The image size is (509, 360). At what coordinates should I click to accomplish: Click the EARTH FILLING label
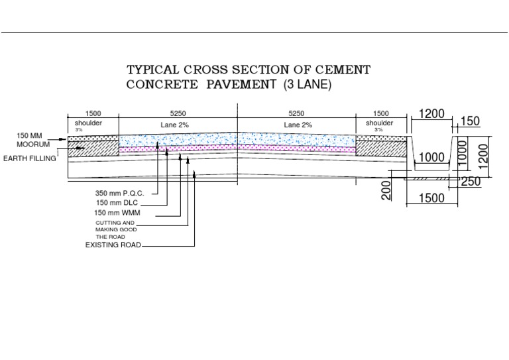click(29, 158)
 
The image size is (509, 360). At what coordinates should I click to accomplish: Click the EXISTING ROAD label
click(113, 245)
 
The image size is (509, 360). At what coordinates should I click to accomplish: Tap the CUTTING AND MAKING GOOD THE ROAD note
click(115, 229)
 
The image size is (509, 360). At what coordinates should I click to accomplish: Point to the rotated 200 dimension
click(388, 190)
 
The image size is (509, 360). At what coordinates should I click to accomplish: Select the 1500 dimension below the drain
click(431, 198)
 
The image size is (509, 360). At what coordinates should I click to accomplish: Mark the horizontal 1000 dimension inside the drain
click(431, 158)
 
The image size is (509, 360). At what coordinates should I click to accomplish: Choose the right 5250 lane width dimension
click(297, 113)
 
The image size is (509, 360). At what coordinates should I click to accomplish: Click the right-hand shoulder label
click(379, 123)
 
